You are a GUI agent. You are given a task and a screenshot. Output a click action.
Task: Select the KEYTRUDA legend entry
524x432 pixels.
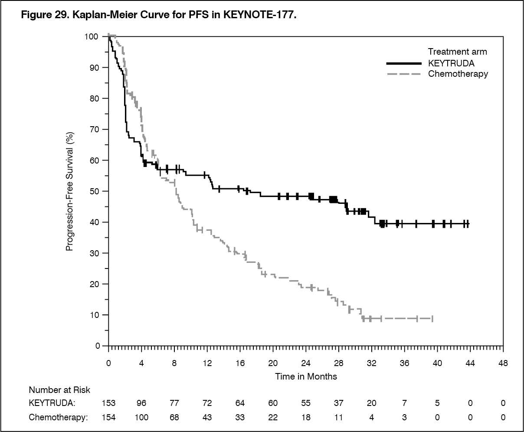point(451,63)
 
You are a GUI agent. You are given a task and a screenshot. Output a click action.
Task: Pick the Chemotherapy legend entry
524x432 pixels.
point(458,74)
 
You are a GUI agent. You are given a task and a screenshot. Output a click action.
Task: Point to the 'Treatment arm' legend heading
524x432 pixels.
point(457,52)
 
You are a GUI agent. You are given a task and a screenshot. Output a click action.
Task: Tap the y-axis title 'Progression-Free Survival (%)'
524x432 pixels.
point(70,191)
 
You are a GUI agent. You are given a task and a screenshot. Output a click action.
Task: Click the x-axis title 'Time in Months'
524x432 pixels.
point(306,376)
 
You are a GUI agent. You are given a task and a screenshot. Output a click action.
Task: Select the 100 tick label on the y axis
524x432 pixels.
point(91,36)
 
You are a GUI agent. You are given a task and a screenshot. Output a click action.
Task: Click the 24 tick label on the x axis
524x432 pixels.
point(306,363)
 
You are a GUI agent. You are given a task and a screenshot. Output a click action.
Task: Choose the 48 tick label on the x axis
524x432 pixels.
point(503,363)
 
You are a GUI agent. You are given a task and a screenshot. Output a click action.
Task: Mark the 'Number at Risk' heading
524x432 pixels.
point(59,390)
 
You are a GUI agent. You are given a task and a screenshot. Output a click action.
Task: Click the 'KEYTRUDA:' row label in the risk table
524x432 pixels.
point(52,403)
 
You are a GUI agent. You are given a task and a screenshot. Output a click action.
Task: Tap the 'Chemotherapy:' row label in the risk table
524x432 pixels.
point(58,418)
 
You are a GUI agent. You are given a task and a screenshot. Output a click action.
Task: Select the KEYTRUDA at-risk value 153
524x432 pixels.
point(108,403)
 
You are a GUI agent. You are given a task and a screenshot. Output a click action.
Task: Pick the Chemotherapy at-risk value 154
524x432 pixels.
point(108,418)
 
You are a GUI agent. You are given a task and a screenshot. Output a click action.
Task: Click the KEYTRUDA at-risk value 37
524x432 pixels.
point(339,403)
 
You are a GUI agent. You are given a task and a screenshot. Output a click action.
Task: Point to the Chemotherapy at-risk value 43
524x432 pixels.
point(207,418)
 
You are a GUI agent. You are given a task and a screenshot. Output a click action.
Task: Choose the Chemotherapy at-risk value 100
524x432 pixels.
point(141,418)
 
